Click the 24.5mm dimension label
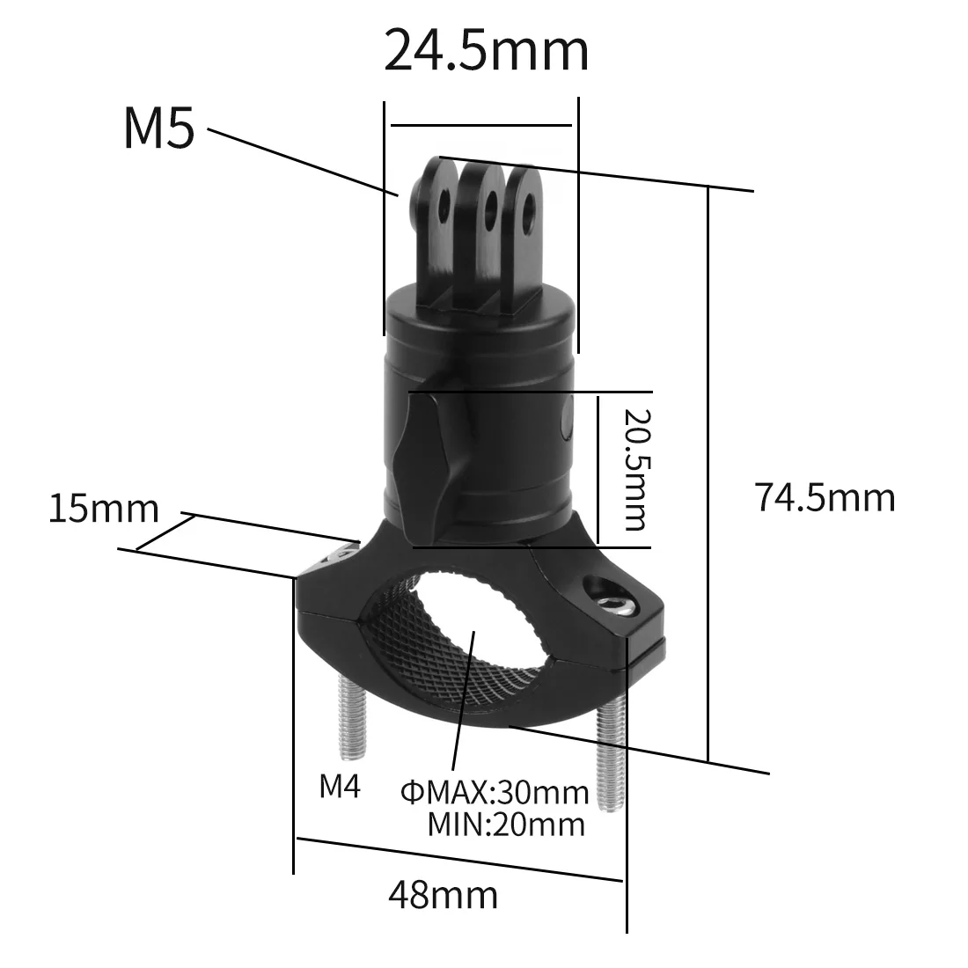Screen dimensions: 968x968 coord(487,52)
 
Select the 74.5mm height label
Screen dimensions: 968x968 coord(824,498)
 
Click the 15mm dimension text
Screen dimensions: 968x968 coord(103,509)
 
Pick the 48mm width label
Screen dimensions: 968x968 coord(443,895)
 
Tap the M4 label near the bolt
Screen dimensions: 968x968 coord(340,786)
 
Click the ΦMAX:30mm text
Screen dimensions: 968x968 coord(494,793)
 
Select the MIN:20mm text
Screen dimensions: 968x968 coord(505,825)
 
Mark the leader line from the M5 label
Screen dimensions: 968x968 coord(299,161)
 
